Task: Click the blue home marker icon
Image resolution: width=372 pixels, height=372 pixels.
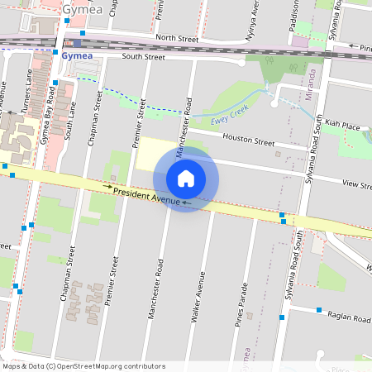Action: point(186,179)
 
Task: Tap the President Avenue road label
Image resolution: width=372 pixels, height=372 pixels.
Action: point(148,195)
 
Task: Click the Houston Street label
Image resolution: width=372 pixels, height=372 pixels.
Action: point(248,141)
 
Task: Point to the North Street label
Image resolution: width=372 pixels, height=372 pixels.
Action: point(178,38)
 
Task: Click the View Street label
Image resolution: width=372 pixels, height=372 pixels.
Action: point(358,185)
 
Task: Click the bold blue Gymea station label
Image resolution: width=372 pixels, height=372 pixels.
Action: point(76,55)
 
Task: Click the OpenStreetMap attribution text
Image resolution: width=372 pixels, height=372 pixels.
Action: point(83,365)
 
